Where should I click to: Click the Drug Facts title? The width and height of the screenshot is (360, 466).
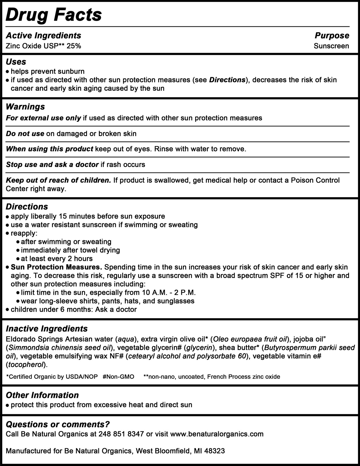point(54,15)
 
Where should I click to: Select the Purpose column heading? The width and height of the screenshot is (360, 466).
point(332,36)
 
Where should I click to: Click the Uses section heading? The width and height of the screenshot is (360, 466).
point(16,62)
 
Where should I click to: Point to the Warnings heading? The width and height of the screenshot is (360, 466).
point(25,107)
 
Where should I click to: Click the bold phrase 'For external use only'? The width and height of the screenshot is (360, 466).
point(43,118)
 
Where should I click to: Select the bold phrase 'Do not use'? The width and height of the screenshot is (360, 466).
point(25,134)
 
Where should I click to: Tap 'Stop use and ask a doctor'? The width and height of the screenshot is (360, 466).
point(52,164)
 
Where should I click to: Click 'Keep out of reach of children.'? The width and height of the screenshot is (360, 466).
point(58,180)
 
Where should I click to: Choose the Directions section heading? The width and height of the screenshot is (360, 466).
point(27,207)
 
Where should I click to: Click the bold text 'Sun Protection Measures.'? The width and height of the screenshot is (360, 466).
point(56,267)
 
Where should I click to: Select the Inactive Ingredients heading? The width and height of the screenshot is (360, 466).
point(47,329)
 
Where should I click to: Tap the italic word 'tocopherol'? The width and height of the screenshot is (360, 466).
point(25,365)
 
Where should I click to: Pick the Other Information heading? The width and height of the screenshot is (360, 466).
point(42,395)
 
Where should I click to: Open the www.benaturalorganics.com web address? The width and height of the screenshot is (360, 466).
point(217,434)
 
